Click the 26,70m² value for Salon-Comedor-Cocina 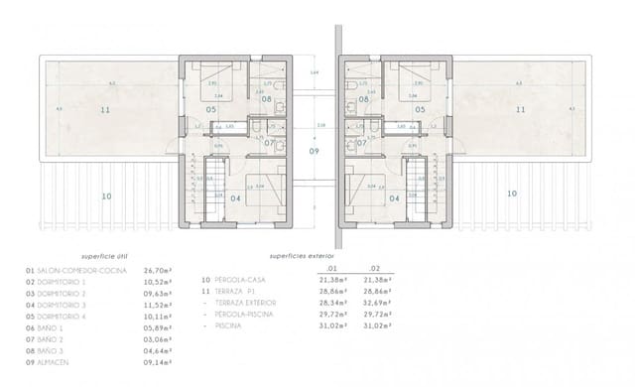(160, 270)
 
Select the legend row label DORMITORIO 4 (64, 318)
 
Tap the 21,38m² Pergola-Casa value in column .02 (380, 280)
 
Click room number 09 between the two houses (314, 151)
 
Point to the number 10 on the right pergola (511, 194)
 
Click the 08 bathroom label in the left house (266, 99)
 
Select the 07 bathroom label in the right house (362, 143)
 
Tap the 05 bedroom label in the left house (210, 109)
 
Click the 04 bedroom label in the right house (394, 198)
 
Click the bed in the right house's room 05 (407, 79)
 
